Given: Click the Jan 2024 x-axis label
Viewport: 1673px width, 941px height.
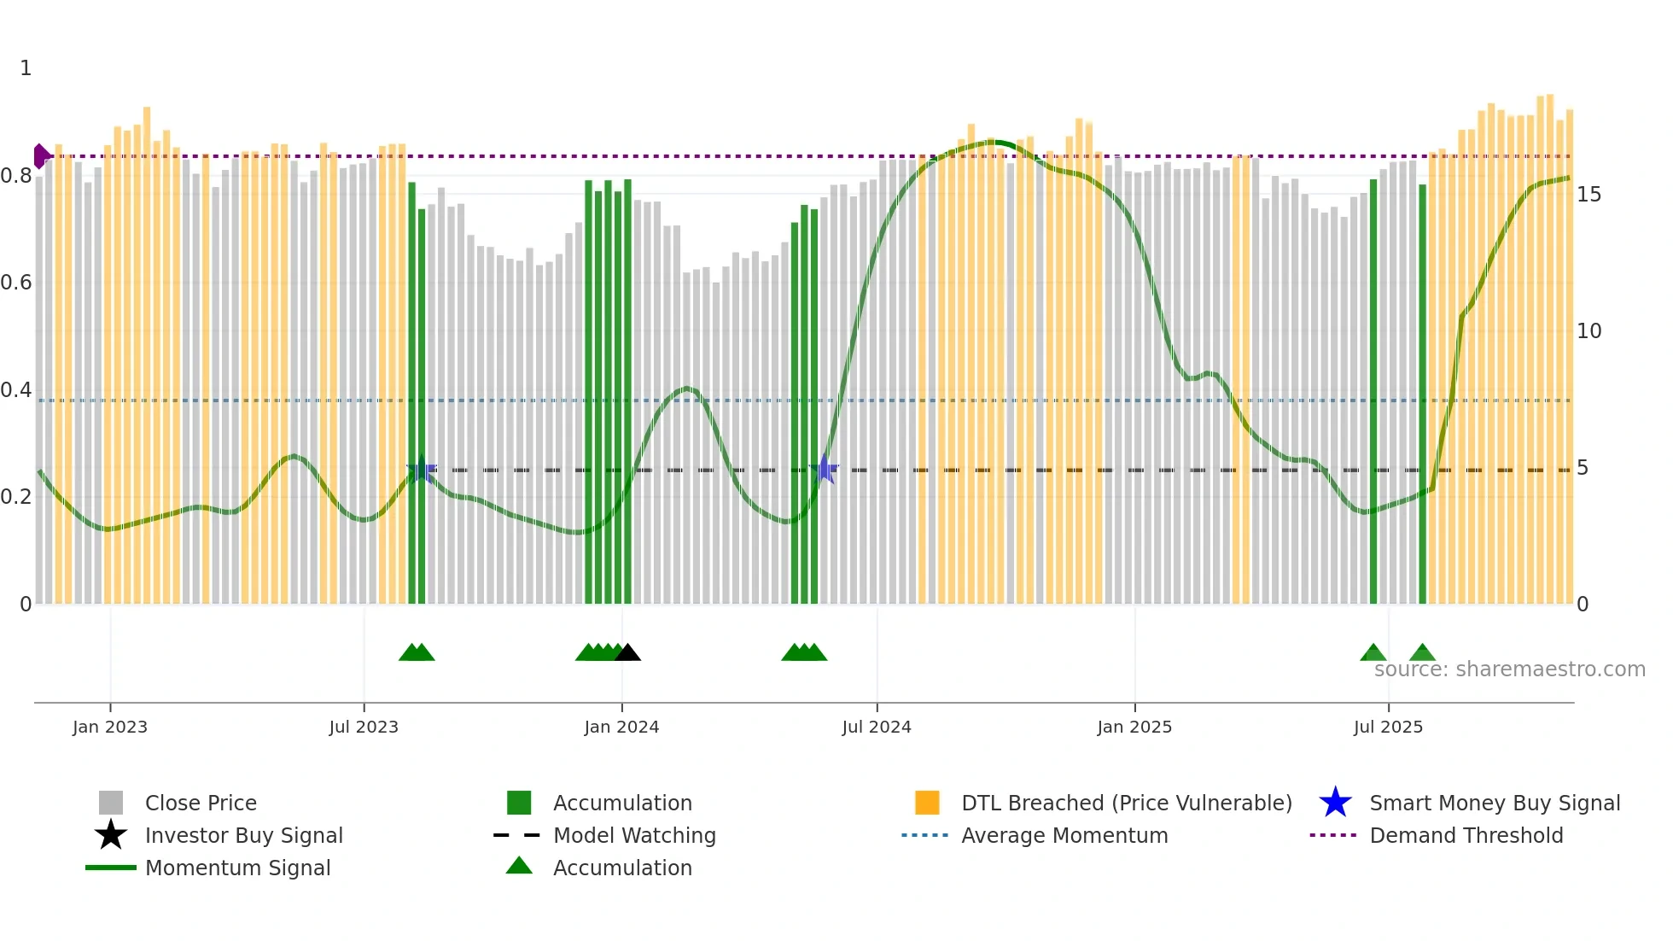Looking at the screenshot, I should pyautogui.click(x=621, y=727).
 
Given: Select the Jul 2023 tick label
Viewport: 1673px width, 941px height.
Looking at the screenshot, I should pyautogui.click(x=364, y=727).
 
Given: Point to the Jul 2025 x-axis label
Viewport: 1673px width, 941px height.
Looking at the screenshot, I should pyautogui.click(x=1388, y=727).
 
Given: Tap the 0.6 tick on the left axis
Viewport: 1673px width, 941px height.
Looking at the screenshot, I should pyautogui.click(x=16, y=283).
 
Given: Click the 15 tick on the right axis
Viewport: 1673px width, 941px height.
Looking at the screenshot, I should pyautogui.click(x=1588, y=195).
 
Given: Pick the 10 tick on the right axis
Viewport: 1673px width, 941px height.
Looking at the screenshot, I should pyautogui.click(x=1588, y=331).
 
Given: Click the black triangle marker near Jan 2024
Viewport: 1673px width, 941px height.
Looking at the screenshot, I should pyautogui.click(x=627, y=653).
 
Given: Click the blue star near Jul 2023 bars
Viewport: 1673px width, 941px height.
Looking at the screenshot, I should pyautogui.click(x=422, y=470).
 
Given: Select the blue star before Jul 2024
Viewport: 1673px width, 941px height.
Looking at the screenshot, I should pyautogui.click(x=825, y=469).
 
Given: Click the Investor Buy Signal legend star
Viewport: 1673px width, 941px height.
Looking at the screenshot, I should pyautogui.click(x=111, y=835).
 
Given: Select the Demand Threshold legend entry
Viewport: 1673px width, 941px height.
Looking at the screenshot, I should pyautogui.click(x=1466, y=835).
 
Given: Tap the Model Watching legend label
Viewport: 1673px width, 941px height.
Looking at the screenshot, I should pyautogui.click(x=634, y=835).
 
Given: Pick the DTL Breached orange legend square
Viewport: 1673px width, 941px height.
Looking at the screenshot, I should pyautogui.click(x=927, y=803).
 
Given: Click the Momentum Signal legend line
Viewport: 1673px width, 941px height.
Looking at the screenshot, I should pyautogui.click(x=111, y=868).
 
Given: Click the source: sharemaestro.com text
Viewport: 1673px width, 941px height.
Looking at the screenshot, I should pyautogui.click(x=1509, y=669).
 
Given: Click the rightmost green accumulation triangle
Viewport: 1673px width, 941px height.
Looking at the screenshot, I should pyautogui.click(x=1422, y=653).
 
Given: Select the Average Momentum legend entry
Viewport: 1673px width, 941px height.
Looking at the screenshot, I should pyautogui.click(x=1064, y=835).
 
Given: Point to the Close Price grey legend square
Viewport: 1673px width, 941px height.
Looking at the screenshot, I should pyautogui.click(x=111, y=803).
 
